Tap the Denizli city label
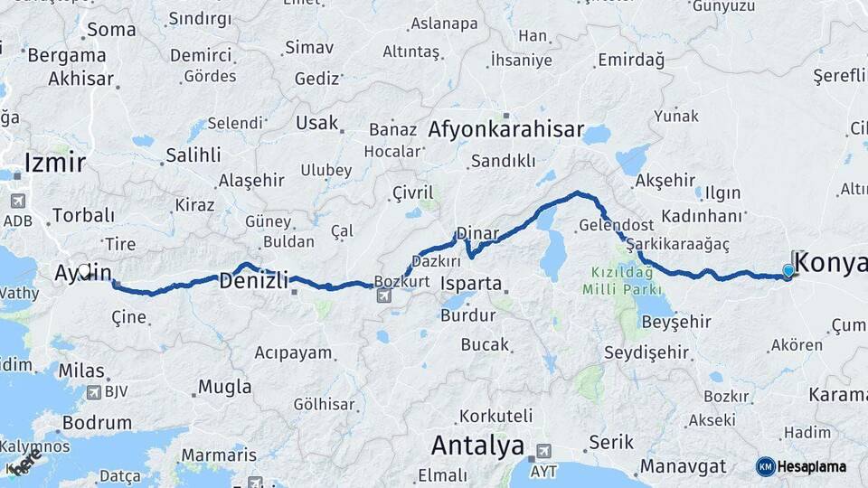253,280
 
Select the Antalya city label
477,446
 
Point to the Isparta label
470,284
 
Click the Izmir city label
55,163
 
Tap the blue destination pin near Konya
788,270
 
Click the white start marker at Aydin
85,269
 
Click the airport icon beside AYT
543,450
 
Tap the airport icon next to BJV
94,392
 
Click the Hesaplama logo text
811,466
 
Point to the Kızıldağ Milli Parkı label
623,279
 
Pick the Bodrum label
97,422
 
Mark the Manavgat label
683,467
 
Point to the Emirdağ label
630,61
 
